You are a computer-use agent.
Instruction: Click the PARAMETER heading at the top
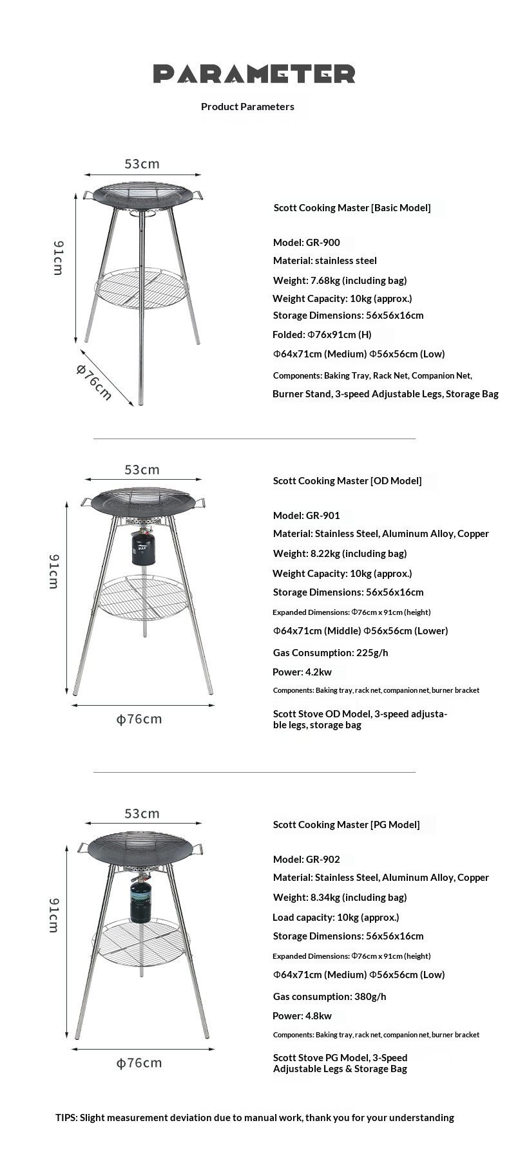pos(254,74)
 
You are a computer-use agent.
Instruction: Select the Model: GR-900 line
pos(306,243)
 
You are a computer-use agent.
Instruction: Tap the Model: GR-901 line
pos(306,516)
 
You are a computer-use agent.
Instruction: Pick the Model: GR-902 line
pos(306,860)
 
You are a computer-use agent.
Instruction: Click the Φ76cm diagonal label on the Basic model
pos(94,381)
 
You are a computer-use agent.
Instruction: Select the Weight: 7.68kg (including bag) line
pos(340,281)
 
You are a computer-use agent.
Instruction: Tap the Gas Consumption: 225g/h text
pos(330,653)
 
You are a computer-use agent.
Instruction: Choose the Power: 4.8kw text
pos(302,1016)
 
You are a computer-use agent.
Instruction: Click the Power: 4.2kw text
pos(302,672)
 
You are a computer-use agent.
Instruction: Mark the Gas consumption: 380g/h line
pos(329,997)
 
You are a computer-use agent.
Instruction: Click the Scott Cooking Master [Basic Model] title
pos(352,208)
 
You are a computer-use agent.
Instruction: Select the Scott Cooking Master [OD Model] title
pos(347,481)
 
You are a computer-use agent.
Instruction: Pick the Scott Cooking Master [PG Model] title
pos(346,825)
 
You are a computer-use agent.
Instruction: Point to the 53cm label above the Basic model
pos(142,164)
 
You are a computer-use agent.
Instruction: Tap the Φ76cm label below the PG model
pos(139,1063)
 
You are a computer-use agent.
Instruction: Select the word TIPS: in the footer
pos(66,1118)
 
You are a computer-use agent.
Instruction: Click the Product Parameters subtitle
pos(247,107)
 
